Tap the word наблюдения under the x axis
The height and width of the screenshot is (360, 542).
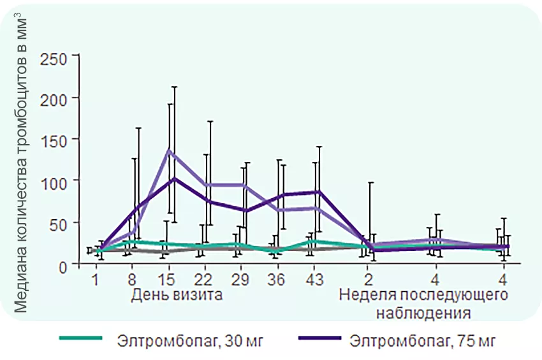[x=423, y=313]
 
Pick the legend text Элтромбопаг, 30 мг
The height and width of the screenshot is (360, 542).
[x=190, y=341]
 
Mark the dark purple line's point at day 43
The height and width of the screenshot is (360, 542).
[x=318, y=191]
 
